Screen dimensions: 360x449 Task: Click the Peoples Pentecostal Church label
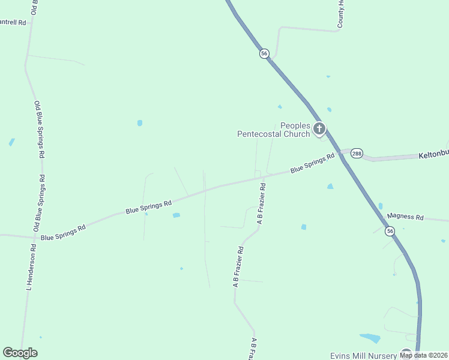[274, 130]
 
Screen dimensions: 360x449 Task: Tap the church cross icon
[320, 128]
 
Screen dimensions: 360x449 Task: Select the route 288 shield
[357, 154]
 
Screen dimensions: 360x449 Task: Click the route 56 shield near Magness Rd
[390, 231]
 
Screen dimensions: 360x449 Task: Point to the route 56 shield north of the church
[264, 53]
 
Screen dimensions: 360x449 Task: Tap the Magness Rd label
[405, 217]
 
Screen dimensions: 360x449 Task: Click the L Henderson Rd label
[30, 271]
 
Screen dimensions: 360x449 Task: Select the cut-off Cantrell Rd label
[14, 22]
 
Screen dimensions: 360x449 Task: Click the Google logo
[20, 353]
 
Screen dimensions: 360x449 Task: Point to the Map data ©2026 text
[423, 355]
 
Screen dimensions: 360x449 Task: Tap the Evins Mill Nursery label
[363, 356]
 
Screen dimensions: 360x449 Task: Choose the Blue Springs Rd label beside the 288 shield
[312, 164]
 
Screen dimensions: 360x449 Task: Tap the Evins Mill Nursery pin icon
[406, 354]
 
